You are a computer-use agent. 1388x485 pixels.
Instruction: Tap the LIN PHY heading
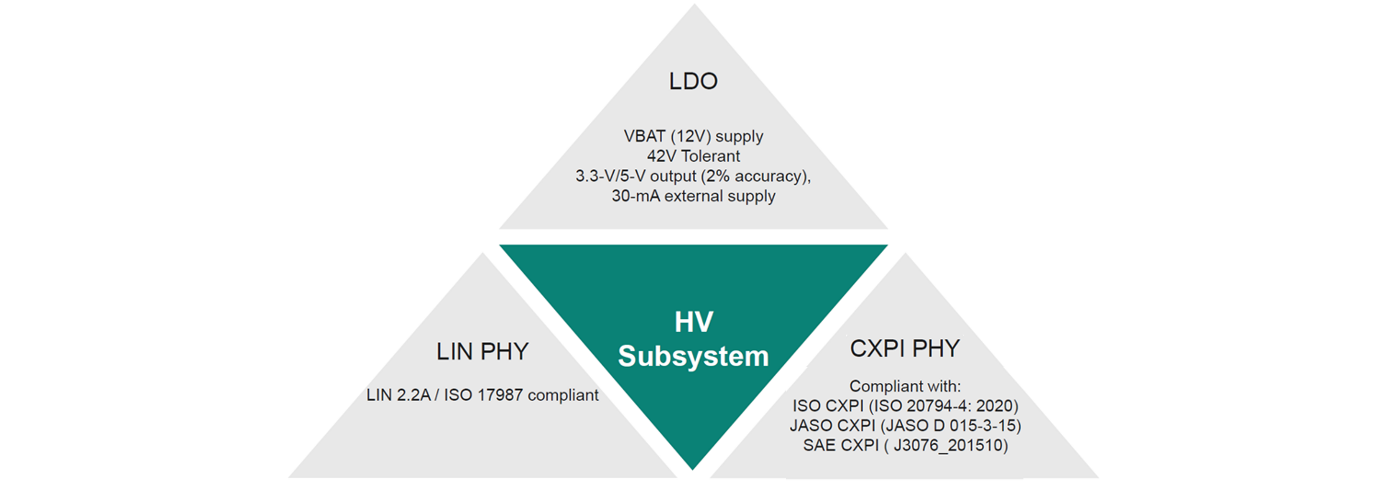pyautogui.click(x=482, y=351)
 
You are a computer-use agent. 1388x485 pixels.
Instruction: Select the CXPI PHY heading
pyautogui.click(x=905, y=348)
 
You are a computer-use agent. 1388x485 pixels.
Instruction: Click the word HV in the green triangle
pyautogui.click(x=694, y=322)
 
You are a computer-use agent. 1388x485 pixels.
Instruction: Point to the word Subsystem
pyautogui.click(x=694, y=356)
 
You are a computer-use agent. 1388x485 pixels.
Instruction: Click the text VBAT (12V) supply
pyautogui.click(x=694, y=137)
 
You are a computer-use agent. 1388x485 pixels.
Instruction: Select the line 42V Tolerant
pyautogui.click(x=694, y=156)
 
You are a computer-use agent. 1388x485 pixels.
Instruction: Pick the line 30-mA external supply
pyautogui.click(x=694, y=196)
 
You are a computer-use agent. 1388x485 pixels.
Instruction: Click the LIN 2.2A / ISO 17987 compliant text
pyautogui.click(x=482, y=395)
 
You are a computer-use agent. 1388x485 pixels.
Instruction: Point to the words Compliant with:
pyautogui.click(x=905, y=386)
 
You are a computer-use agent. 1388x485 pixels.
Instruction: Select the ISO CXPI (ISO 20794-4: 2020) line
pyautogui.click(x=905, y=406)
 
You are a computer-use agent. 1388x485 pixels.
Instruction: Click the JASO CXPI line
pyautogui.click(x=905, y=426)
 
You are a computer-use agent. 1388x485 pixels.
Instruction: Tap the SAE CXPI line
pyautogui.click(x=905, y=446)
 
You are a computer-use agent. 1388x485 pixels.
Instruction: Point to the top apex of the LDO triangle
pyautogui.click(x=694, y=4)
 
